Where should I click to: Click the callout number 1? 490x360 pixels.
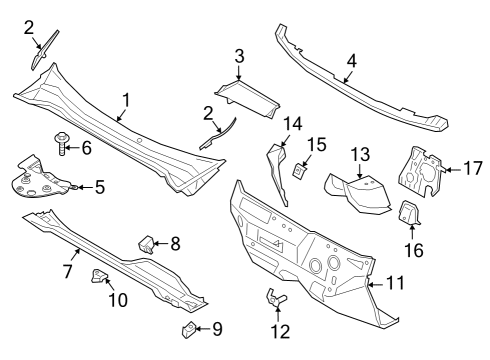pyautogui.click(x=126, y=100)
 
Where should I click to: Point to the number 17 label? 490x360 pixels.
pyautogui.click(x=472, y=169)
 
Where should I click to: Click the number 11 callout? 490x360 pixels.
pyautogui.click(x=396, y=283)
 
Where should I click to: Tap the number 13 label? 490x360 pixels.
pyautogui.click(x=360, y=153)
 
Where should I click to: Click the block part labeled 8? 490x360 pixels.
pyautogui.click(x=145, y=243)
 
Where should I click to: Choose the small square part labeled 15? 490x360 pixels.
pyautogui.click(x=299, y=172)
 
